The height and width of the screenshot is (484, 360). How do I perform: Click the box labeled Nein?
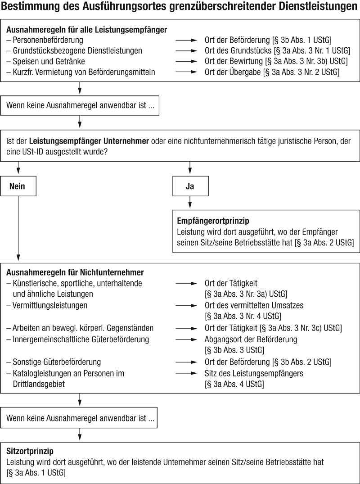pos(18,186)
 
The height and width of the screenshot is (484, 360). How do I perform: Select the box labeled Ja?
pos(190,186)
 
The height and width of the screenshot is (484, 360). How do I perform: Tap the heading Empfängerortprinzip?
pos(213,221)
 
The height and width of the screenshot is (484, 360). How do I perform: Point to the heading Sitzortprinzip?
pos(30,451)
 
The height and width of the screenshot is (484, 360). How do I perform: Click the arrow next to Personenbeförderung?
pos(186,40)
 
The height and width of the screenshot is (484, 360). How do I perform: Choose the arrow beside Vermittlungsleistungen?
pos(186,306)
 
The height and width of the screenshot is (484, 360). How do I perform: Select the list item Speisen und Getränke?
pos(45,61)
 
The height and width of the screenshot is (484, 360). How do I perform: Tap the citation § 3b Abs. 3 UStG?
pos(234,350)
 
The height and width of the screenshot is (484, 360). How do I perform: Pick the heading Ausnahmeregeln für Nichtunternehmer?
pos(75,272)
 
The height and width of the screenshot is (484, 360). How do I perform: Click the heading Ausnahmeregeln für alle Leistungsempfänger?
pos(87,30)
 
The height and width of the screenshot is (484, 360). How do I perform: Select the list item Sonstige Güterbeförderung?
pos(54,362)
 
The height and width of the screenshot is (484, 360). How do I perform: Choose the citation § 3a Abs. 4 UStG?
pos(234,384)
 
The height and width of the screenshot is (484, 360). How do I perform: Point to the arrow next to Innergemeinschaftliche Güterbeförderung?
pos(186,339)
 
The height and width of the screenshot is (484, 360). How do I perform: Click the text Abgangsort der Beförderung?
pos(251,339)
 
